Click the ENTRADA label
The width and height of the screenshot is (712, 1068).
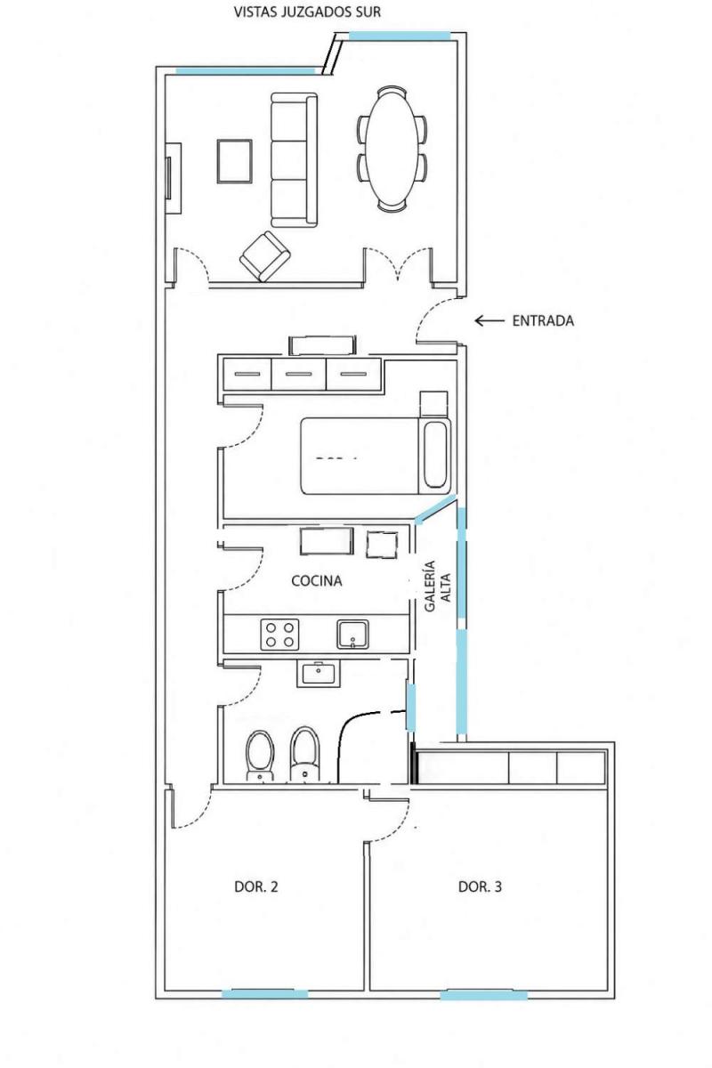click(543, 321)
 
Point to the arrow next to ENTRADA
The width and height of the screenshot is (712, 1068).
click(489, 321)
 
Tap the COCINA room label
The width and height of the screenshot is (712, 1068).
click(316, 580)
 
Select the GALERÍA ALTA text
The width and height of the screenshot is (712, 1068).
click(437, 586)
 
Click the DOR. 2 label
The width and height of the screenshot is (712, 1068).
click(256, 886)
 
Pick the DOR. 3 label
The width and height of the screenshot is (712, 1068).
click(480, 886)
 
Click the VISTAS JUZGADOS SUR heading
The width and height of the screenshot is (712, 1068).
click(307, 12)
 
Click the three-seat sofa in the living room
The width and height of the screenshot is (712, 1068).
click(294, 159)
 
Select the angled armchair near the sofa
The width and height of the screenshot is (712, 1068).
click(264, 256)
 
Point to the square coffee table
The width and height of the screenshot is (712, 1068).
click(234, 161)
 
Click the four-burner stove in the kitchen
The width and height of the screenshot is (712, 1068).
click(279, 634)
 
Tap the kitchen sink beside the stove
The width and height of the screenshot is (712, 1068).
click(352, 634)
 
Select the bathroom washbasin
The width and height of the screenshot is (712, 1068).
click(318, 674)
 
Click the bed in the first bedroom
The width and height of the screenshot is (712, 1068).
click(376, 456)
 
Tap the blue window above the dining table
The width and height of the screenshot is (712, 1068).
click(400, 36)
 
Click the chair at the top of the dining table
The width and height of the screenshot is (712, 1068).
click(392, 91)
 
